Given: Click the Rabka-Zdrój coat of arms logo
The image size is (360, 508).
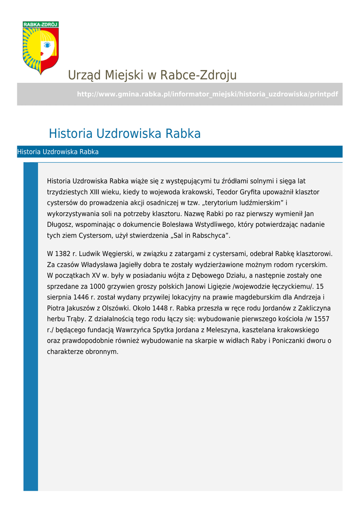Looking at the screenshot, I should click(41, 48).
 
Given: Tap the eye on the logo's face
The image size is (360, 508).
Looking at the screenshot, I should click(47, 45).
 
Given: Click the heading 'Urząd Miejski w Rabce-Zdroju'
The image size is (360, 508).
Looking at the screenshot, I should click(152, 75).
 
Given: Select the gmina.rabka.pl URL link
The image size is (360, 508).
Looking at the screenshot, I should click(208, 94).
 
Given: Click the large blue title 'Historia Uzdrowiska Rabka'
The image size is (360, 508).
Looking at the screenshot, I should click(125, 134).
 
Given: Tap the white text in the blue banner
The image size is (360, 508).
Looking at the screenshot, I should click(58, 152).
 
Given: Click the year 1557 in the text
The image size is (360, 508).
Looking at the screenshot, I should click(321, 319).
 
